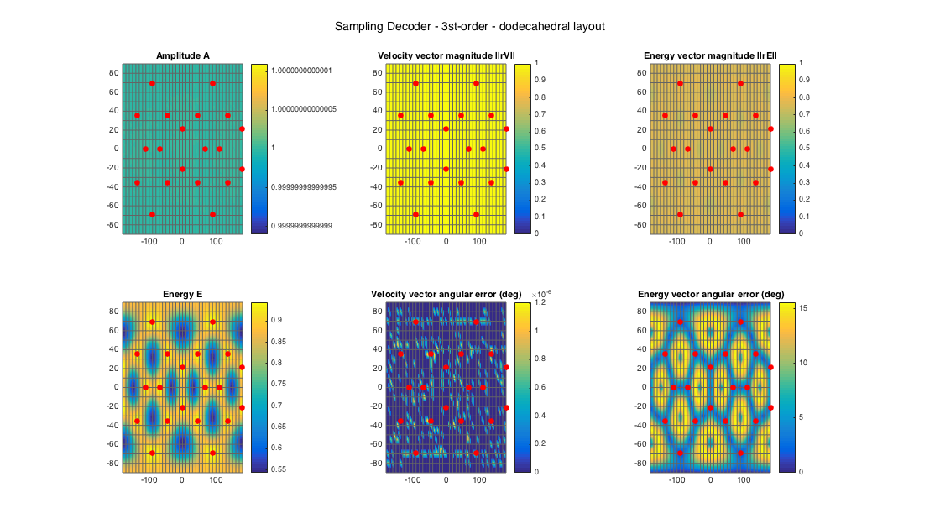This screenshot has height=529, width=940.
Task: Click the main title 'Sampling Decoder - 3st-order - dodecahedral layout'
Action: (x=469, y=27)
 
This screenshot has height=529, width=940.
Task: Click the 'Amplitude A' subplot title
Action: (x=183, y=56)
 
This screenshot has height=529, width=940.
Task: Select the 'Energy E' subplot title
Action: (x=183, y=294)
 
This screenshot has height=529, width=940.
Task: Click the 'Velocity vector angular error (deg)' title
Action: (x=446, y=294)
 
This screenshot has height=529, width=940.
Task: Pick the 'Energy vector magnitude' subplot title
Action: (x=710, y=56)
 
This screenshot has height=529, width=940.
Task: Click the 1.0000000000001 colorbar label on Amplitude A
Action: (x=308, y=71)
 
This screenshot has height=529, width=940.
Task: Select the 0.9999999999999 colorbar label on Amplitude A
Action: (x=308, y=226)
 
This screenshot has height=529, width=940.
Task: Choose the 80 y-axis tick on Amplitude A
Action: (x=113, y=72)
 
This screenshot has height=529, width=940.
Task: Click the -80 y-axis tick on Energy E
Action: (x=112, y=463)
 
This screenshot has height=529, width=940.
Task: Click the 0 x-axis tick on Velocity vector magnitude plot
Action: (x=446, y=242)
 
